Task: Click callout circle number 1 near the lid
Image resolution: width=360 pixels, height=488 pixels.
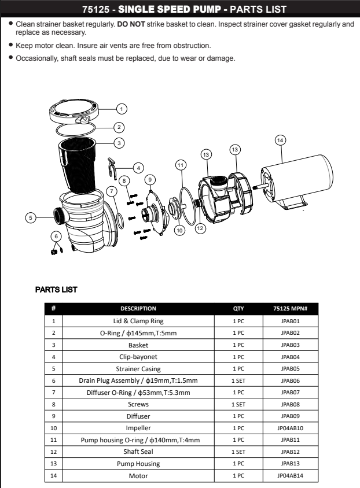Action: [122, 108]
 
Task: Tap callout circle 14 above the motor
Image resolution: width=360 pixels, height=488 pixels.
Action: [280, 141]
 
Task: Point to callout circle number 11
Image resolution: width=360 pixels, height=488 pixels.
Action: [181, 165]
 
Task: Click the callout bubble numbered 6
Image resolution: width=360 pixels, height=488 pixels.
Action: [56, 235]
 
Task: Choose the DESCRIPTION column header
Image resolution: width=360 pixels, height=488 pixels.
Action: [138, 309]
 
